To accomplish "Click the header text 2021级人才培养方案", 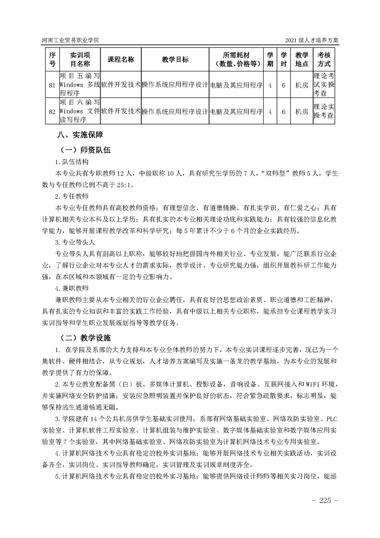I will coord(311,41).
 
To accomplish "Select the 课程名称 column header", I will coord(121,59).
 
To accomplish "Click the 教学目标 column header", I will coord(175,59).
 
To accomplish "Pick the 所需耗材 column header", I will coord(236,59).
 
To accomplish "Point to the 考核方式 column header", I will coord(324,59).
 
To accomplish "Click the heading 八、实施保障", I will coord(80,135).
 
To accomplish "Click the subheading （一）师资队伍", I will coord(85,150).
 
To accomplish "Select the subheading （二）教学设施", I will coord(85,337).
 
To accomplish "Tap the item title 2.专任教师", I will coord(71,196).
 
